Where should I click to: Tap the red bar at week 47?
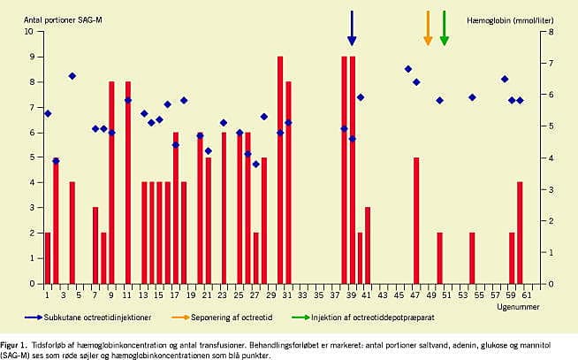(x=416, y=221)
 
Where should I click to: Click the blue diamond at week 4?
(x=72, y=76)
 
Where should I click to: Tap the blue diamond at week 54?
(x=472, y=97)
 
